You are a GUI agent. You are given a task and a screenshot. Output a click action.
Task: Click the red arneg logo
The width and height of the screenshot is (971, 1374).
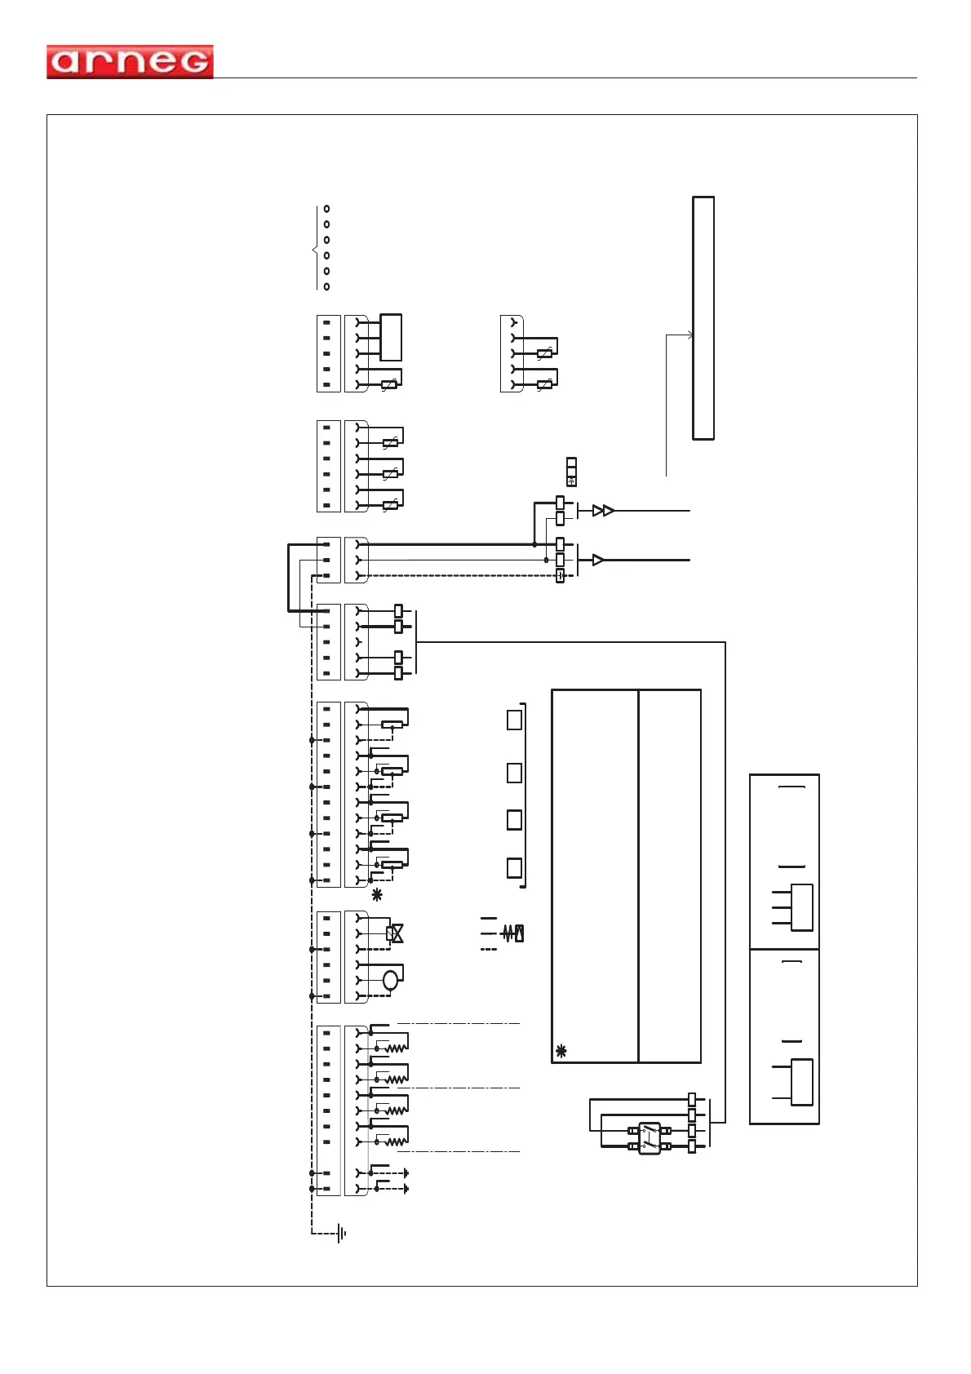pos(130,62)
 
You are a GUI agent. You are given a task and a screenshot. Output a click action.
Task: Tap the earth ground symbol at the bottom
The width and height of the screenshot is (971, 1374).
pos(341,1234)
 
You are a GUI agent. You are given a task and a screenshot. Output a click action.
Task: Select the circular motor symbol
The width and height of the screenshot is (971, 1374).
pos(391,980)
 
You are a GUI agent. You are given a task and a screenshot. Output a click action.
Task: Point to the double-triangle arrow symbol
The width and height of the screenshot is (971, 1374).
pos(603,511)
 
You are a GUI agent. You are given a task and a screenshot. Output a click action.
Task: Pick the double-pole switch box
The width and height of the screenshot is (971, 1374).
pos(650,1138)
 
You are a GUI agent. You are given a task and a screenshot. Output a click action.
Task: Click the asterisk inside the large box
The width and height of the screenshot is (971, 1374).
pos(561,1051)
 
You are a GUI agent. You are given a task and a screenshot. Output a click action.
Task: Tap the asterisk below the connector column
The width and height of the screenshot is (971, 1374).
pos(377,895)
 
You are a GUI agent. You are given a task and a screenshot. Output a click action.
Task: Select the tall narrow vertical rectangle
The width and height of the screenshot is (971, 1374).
pos(703,318)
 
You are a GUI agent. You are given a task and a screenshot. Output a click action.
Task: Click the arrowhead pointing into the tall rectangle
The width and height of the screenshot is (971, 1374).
pos(689,335)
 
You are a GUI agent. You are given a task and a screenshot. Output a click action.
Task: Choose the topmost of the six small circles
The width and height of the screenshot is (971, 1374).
pos(327,209)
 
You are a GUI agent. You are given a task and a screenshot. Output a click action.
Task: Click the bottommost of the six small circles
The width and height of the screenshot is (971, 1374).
pos(327,286)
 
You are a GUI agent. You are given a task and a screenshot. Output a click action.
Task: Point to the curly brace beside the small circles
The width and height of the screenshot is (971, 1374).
pos(315,248)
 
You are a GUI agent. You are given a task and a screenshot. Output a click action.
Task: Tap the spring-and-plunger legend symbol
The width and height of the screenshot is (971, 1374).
pos(513,933)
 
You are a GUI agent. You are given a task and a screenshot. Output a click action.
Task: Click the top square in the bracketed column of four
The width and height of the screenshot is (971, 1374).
pos(515,720)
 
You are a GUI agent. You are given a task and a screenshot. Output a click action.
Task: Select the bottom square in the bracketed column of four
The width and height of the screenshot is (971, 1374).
pos(515,867)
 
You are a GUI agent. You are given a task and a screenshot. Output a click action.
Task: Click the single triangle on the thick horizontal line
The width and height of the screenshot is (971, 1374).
pos(598,560)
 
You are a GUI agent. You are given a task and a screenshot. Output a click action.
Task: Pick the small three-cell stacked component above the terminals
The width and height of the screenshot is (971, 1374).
pos(571,472)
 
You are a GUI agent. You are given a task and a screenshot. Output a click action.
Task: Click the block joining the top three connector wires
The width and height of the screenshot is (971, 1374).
pos(391,337)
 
